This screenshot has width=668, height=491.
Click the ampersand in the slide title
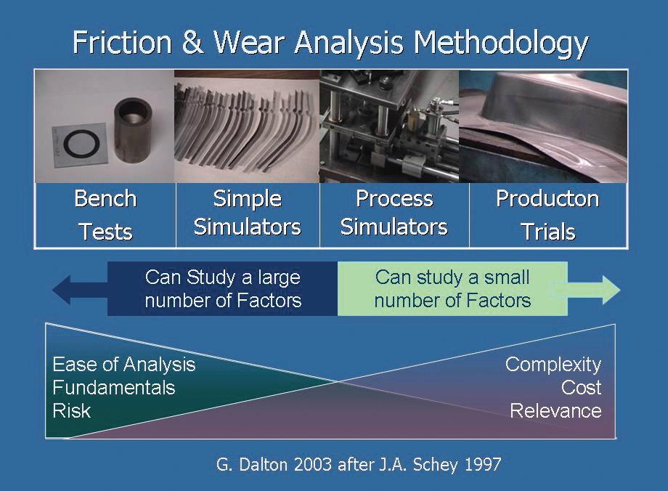click(192, 42)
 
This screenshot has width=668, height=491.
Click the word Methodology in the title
click(501, 44)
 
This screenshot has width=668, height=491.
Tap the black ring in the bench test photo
click(82, 144)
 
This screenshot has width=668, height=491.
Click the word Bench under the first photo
click(106, 198)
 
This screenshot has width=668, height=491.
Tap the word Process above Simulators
click(394, 198)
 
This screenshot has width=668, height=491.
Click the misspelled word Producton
click(548, 198)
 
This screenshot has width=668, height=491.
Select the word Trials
click(548, 232)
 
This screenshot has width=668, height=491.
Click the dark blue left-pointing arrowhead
click(62, 290)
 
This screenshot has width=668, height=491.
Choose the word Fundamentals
click(114, 388)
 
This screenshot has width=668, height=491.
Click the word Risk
click(72, 411)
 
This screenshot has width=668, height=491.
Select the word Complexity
click(553, 365)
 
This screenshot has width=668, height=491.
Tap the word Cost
click(581, 387)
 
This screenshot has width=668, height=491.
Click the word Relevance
click(555, 411)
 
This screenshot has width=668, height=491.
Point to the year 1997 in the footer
click(482, 464)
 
